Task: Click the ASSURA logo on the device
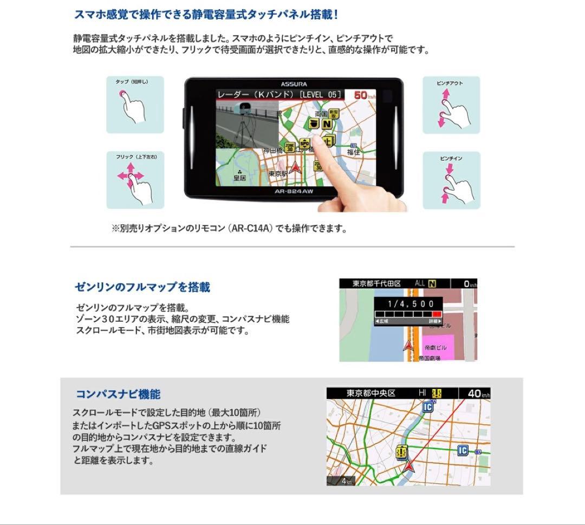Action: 294,84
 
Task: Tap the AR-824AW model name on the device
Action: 295,191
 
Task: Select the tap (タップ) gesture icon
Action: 135,105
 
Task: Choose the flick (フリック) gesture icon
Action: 135,180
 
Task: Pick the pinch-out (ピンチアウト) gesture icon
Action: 451,105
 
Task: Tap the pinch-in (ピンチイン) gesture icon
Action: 451,180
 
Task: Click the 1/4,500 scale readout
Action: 408,304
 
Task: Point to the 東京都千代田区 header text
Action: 377,283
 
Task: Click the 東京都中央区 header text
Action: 371,393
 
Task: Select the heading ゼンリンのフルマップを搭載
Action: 142,287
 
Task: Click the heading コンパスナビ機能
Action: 118,394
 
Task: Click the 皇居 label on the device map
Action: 239,177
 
